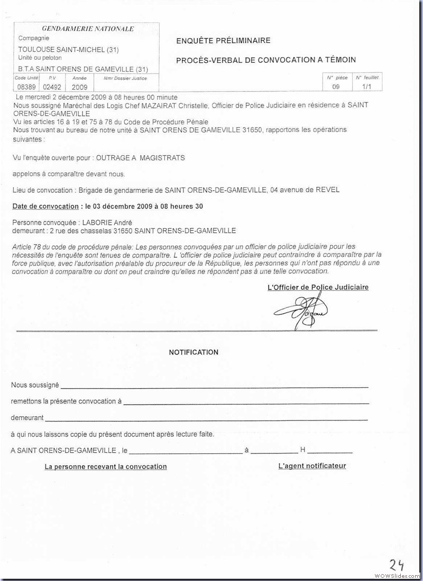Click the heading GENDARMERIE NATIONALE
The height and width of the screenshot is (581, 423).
pyautogui.click(x=88, y=29)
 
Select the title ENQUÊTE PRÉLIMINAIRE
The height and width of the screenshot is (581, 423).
pyautogui.click(x=223, y=41)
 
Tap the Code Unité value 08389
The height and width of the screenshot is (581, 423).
pyautogui.click(x=27, y=87)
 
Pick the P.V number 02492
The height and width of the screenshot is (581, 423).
pyautogui.click(x=52, y=87)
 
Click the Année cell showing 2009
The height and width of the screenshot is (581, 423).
pyautogui.click(x=79, y=87)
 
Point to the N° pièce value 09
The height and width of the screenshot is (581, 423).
pyautogui.click(x=336, y=87)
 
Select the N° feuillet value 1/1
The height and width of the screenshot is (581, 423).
pyautogui.click(x=367, y=87)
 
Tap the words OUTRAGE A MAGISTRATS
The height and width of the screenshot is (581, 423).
pyautogui.click(x=140, y=158)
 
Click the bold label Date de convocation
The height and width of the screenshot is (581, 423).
pyautogui.click(x=45, y=206)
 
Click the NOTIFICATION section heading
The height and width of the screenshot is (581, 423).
pyautogui.click(x=194, y=352)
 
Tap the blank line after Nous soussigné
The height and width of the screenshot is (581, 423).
pyautogui.click(x=214, y=387)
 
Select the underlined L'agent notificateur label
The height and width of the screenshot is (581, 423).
pyautogui.click(x=312, y=466)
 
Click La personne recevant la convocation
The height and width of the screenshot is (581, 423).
pyautogui.click(x=106, y=466)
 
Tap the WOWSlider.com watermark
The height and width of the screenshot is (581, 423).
pyautogui.click(x=396, y=575)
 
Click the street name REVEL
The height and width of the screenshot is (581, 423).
pyautogui.click(x=328, y=190)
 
